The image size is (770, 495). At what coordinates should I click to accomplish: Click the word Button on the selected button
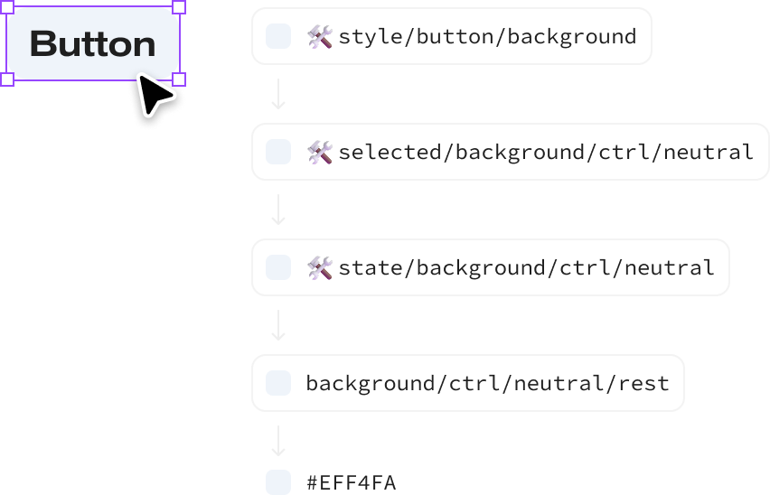point(92,43)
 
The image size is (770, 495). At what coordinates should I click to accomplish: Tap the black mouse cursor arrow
point(154,97)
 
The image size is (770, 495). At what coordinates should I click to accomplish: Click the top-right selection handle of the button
point(179,7)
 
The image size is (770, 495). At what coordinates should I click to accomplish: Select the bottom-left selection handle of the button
point(6,79)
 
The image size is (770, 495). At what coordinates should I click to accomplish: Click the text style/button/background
point(487,36)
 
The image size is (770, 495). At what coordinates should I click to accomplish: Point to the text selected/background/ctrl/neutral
point(545,152)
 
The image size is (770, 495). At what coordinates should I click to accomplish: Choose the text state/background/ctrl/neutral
point(526,267)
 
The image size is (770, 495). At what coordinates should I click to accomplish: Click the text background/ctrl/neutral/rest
point(487,383)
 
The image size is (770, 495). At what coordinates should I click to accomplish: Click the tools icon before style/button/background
point(320,36)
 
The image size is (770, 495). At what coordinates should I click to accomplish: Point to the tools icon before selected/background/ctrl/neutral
point(320,152)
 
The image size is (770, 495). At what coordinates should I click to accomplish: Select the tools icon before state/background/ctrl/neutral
point(320,267)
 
